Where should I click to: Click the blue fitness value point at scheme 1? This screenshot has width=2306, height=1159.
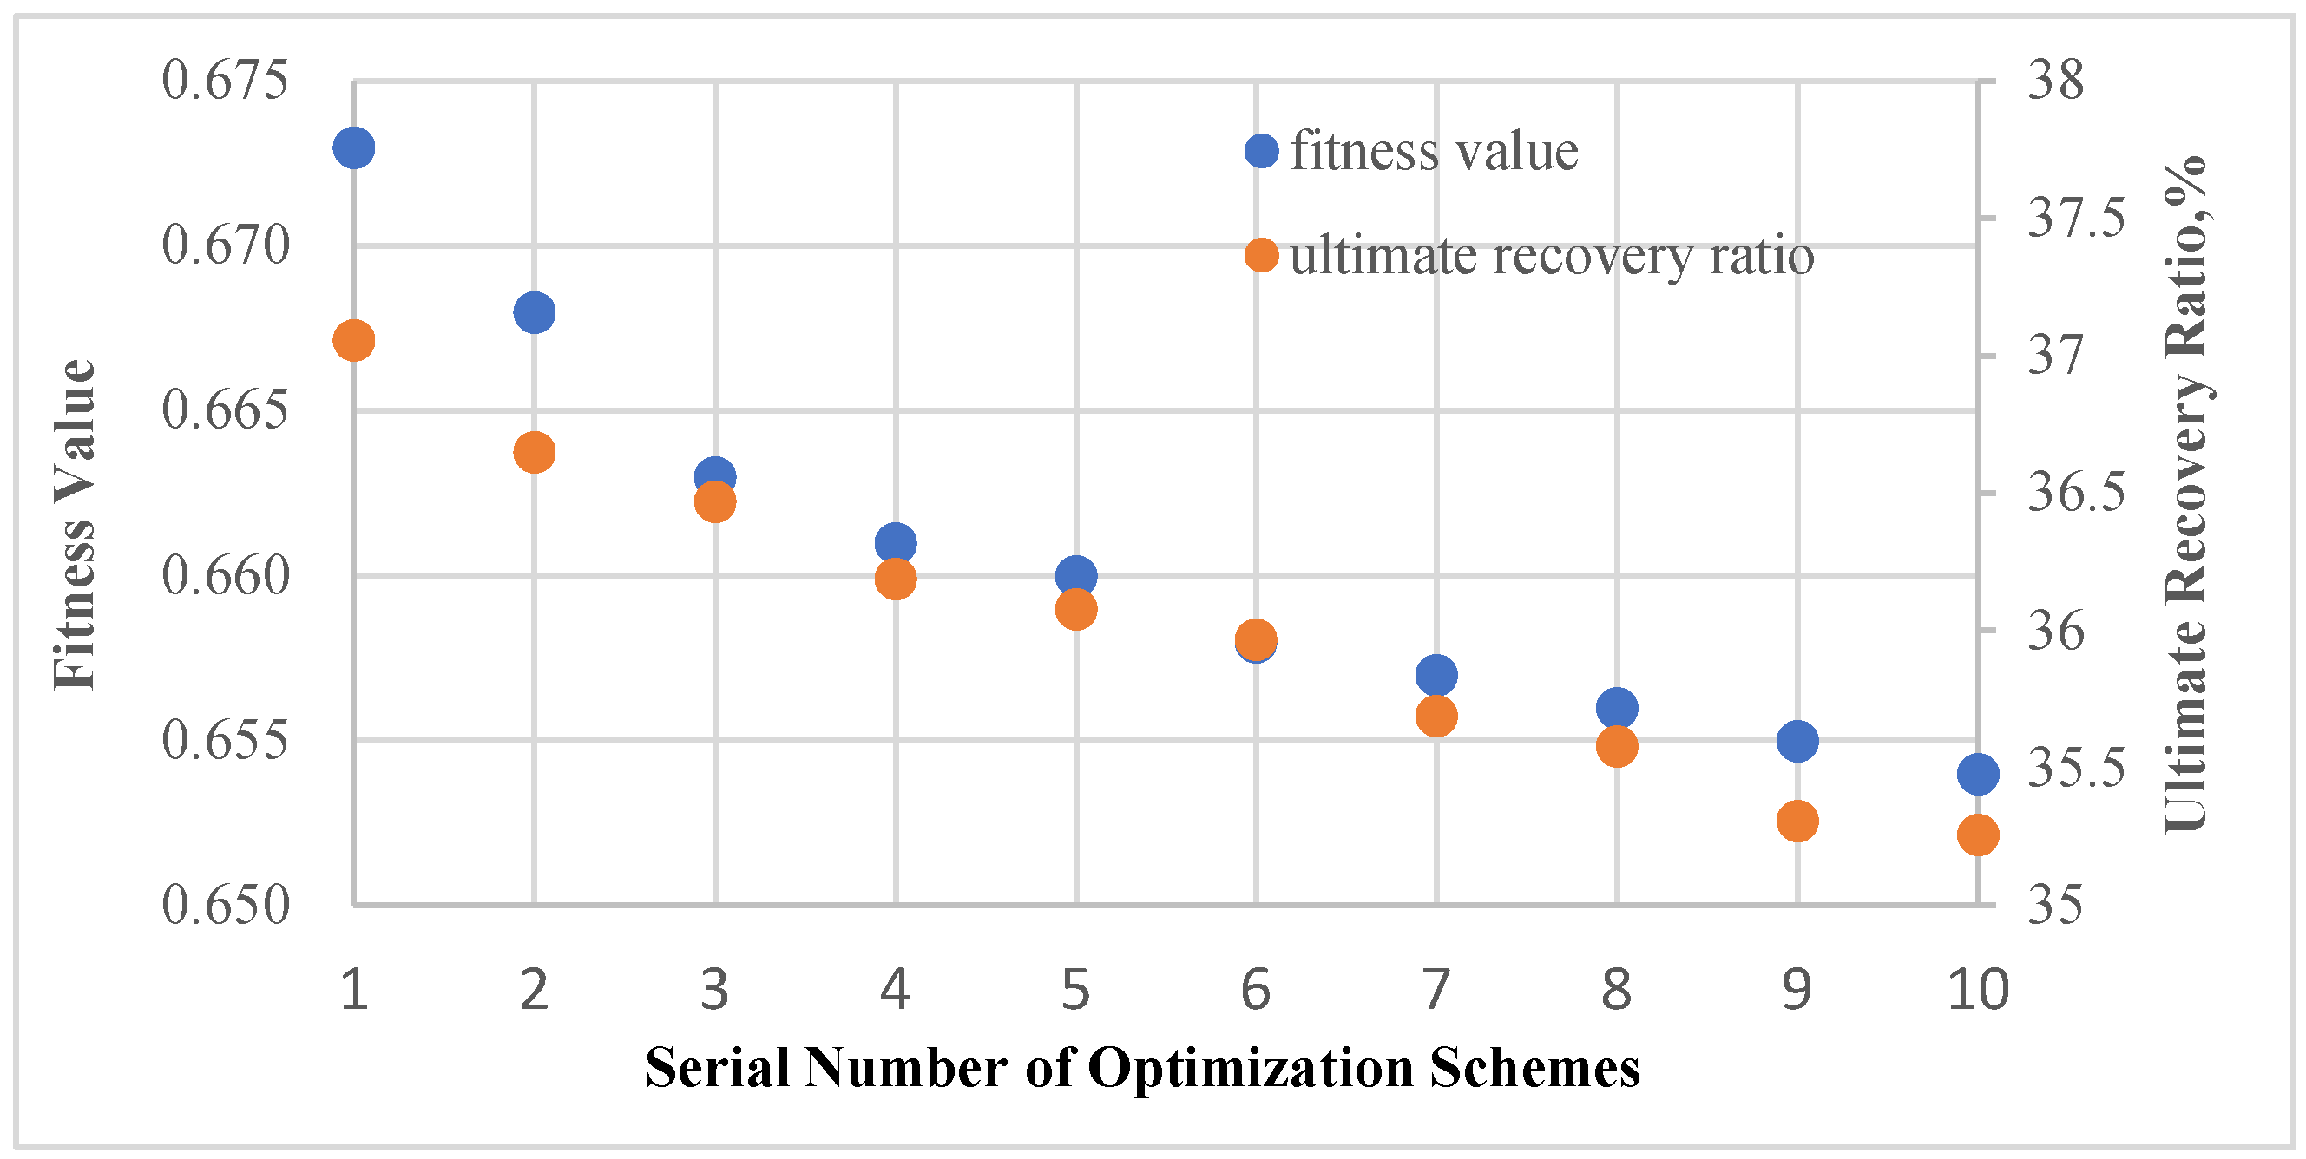353,147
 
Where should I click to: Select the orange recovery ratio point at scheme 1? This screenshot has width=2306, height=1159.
353,341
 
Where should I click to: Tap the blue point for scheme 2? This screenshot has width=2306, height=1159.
535,312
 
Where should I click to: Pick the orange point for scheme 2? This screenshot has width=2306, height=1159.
535,452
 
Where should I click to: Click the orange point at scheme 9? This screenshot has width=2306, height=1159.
1797,821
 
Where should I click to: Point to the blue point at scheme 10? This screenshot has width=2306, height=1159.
1977,773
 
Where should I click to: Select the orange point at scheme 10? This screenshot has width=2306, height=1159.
1977,835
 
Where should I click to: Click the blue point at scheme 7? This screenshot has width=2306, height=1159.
1436,675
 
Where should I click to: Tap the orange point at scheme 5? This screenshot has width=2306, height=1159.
1076,610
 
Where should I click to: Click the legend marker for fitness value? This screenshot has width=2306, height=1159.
1261,150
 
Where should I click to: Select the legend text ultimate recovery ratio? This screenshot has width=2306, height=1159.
1551,256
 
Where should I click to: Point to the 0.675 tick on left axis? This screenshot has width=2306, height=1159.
226,81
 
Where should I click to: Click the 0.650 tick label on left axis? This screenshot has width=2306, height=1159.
226,905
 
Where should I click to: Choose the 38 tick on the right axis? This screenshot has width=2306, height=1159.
2055,81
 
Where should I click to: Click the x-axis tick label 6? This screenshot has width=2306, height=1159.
1256,991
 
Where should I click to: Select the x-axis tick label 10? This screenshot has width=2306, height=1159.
1977,991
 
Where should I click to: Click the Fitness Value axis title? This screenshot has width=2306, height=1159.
76,526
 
